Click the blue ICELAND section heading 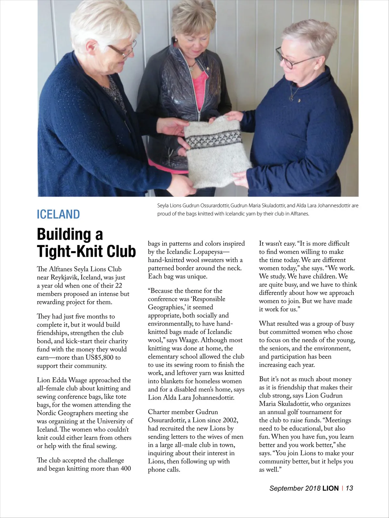58,214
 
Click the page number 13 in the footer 349,488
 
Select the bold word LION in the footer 330,488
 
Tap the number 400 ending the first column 125,468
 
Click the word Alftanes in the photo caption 299,214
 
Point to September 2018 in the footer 295,488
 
